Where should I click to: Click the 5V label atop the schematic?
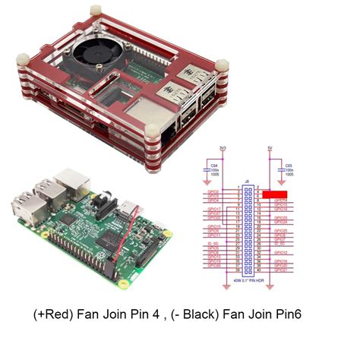click(x=271, y=150)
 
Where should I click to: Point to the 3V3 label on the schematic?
click(x=223, y=150)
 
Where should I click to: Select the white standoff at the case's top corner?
click(x=96, y=12)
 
